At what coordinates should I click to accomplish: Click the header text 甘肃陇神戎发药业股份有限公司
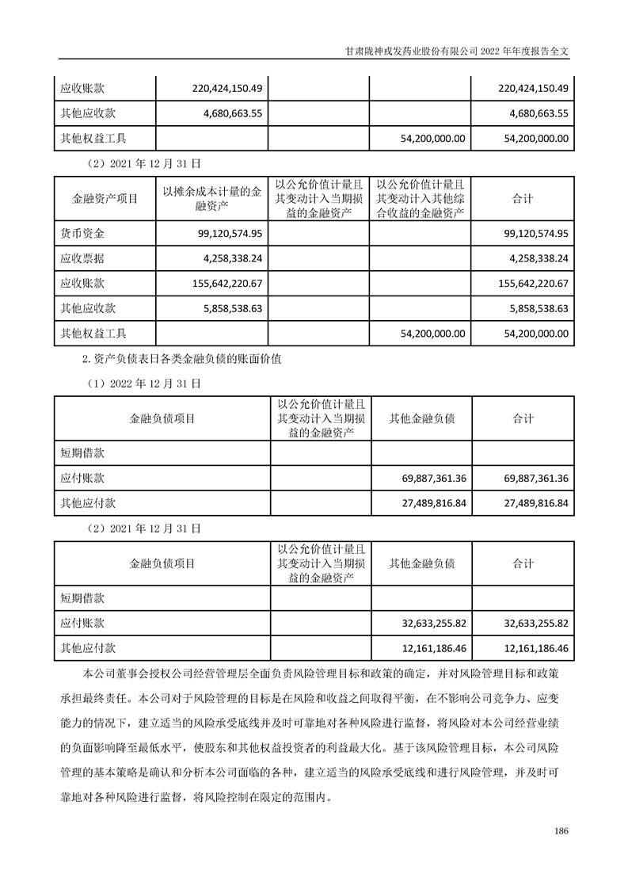(412, 48)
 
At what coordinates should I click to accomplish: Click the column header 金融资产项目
(105, 199)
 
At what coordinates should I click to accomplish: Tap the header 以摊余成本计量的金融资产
(211, 199)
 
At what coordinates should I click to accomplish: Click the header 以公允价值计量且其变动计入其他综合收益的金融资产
(421, 199)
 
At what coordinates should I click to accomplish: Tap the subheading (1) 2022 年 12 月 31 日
(143, 382)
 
